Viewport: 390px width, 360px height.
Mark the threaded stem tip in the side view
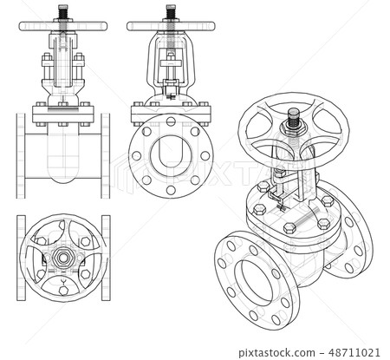point(170,11)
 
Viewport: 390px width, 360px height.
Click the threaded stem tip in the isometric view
point(294,116)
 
